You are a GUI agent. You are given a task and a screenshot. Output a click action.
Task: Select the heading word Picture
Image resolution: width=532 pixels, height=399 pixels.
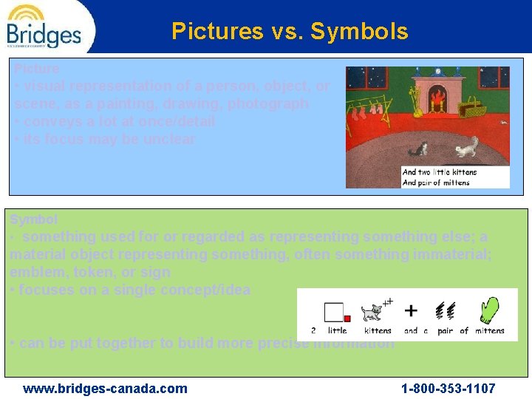tap(37, 69)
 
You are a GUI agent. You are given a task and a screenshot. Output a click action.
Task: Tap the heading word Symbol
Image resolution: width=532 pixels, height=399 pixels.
tap(33, 219)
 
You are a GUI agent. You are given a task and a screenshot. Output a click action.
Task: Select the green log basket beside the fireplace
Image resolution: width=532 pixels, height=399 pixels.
tap(472, 110)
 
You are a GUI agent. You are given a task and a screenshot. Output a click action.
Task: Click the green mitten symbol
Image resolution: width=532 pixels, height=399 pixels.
tap(488, 310)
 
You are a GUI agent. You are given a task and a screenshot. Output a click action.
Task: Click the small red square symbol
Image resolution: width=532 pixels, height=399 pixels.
tap(347, 318)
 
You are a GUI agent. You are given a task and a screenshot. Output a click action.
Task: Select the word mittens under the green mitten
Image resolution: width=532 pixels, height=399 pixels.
tap(490, 331)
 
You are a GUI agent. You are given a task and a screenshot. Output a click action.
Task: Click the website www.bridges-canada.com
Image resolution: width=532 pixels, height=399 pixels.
tap(105, 389)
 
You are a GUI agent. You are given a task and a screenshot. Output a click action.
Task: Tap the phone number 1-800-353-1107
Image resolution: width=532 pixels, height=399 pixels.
tap(448, 389)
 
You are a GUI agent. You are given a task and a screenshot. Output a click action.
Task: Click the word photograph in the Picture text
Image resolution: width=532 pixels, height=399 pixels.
tap(268, 104)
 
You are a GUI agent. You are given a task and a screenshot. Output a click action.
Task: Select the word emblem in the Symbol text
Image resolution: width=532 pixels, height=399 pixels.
tap(32, 272)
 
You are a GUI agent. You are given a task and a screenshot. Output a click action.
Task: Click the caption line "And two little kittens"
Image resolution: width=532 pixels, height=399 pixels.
tap(440, 172)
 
